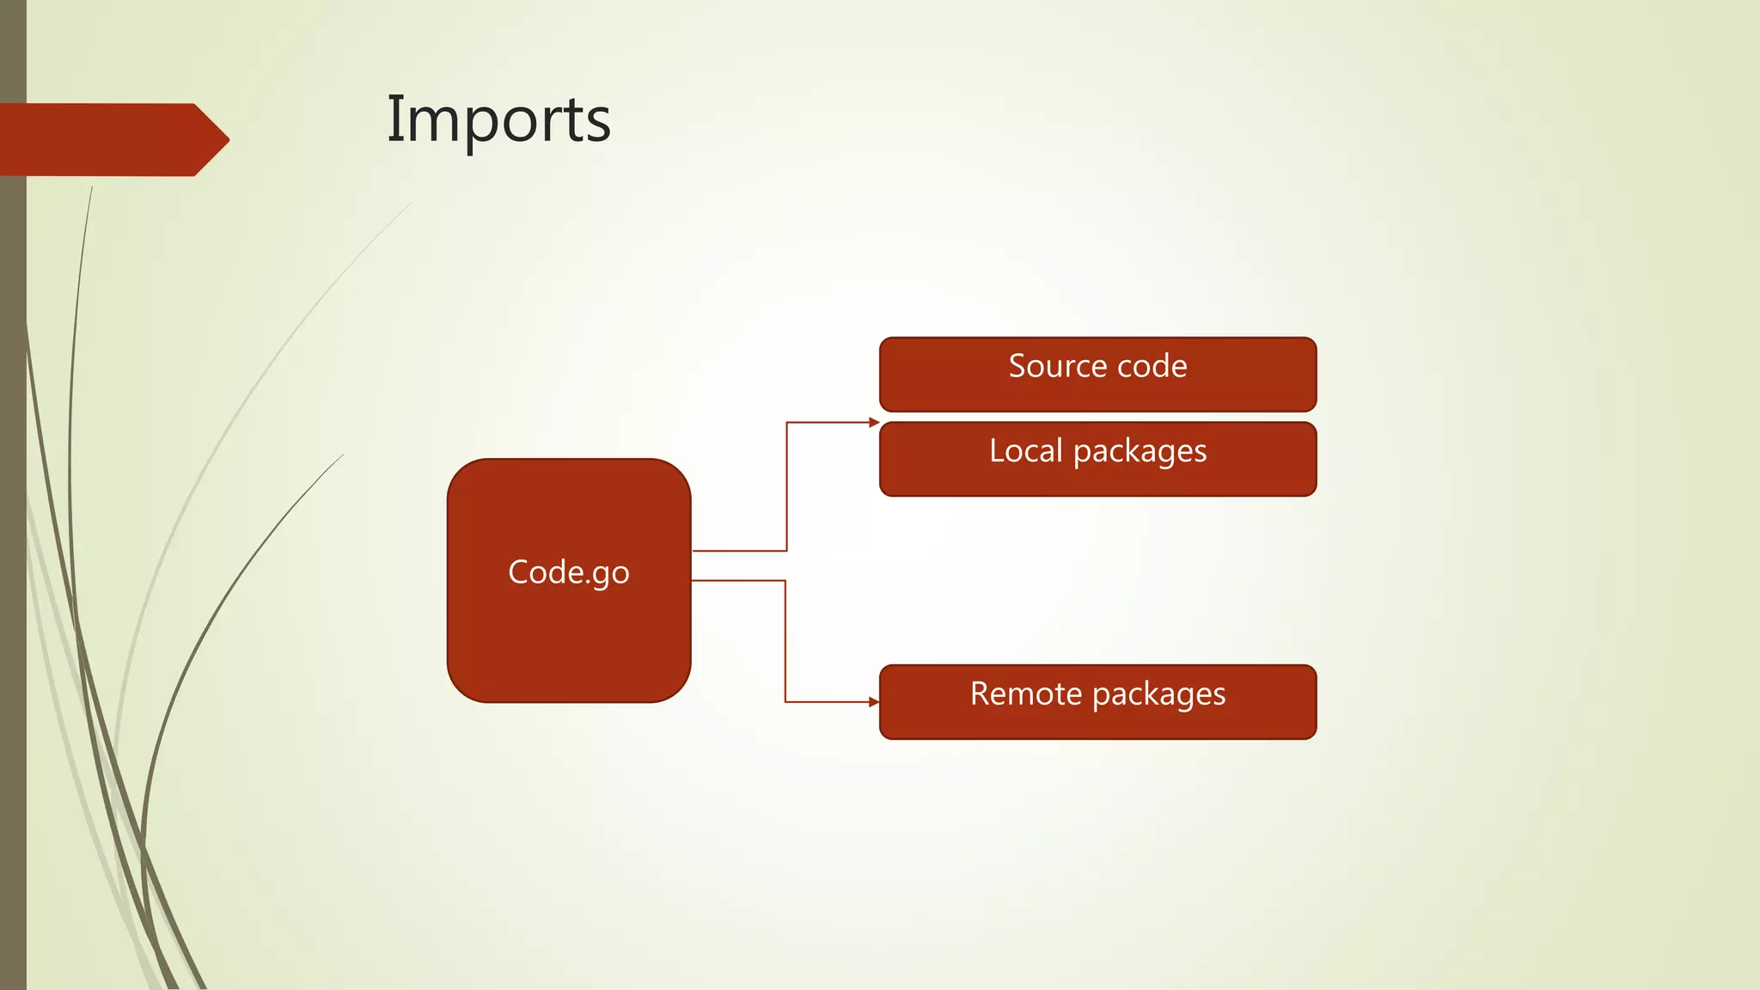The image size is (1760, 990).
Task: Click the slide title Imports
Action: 498,119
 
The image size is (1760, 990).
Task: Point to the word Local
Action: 1026,450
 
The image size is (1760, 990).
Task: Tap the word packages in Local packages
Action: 1140,452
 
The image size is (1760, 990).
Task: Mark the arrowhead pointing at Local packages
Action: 874,423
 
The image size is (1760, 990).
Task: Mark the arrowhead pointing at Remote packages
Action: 874,702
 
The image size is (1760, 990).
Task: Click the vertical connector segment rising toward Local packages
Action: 786,486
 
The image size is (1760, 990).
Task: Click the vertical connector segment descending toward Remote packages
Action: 785,640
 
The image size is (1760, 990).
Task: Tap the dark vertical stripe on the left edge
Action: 13,516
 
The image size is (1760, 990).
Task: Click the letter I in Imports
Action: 394,119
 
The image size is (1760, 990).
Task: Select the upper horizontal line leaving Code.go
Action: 739,551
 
